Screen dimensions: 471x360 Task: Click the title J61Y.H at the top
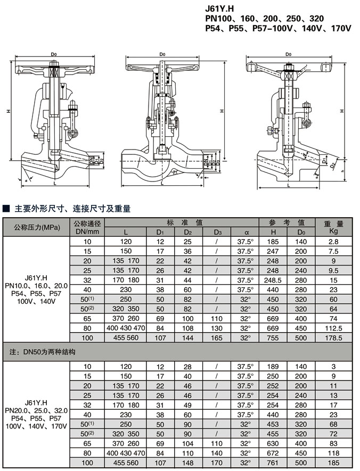220,9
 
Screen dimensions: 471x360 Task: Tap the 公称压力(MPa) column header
37,227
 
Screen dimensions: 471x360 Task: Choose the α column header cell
246,232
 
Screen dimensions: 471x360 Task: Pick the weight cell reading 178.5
334,337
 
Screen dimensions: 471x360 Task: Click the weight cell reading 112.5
334,328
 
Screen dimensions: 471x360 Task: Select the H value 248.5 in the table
273,280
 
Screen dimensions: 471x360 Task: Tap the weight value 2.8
334,242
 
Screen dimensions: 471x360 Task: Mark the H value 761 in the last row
273,463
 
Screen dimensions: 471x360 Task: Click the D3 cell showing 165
217,337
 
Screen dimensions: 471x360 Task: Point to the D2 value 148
188,463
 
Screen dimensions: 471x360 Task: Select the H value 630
273,443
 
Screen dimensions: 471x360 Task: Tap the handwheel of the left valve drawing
53,69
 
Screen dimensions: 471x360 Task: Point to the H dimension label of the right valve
341,111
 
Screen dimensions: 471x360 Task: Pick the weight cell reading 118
334,453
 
